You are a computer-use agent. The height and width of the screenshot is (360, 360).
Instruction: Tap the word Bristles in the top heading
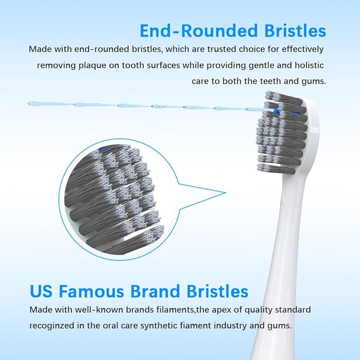pyautogui.click(x=294, y=31)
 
